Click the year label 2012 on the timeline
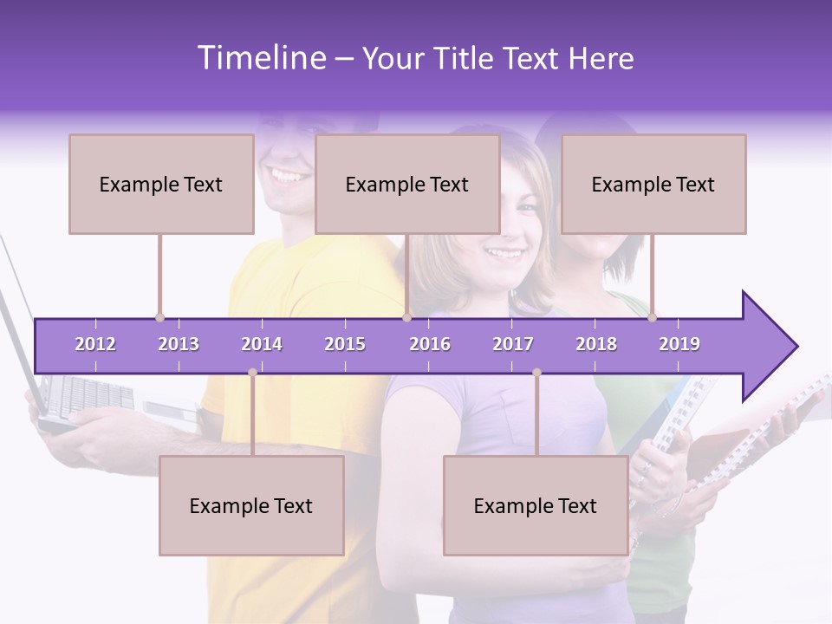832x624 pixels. pos(95,344)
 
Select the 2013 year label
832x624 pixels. pos(179,344)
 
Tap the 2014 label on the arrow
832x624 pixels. pos(262,344)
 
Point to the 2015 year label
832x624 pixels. pos(345,344)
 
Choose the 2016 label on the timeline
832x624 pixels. pos(430,344)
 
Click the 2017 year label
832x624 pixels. pos(513,344)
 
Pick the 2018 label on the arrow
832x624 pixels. pos(596,344)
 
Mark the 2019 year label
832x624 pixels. pos(679,344)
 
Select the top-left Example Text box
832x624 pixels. pos(161,184)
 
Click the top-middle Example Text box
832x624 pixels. pos(407,184)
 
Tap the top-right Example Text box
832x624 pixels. pos(653,184)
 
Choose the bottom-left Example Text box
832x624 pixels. pos(251,505)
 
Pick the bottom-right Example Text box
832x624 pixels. pos(536,505)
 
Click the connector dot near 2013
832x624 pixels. pos(159,317)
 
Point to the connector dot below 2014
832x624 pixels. pos(252,373)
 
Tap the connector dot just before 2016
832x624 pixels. pos(406,317)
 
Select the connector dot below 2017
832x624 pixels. pos(536,373)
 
